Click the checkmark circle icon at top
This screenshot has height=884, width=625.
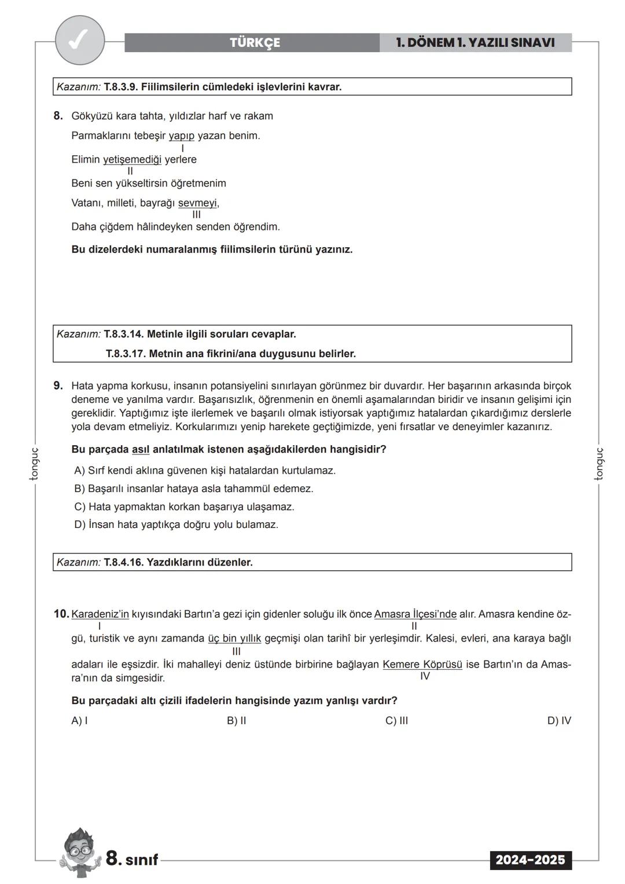(x=80, y=41)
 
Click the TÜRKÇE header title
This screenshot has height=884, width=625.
(x=255, y=43)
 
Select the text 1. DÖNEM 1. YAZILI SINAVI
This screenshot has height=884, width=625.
(x=475, y=43)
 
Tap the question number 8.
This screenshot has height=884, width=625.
(x=58, y=116)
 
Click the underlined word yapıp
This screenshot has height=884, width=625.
(x=182, y=136)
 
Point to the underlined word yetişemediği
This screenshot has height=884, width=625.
(x=132, y=160)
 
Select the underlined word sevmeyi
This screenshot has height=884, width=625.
(x=198, y=203)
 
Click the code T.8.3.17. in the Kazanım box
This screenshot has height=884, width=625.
(x=126, y=354)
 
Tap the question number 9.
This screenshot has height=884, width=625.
(x=58, y=386)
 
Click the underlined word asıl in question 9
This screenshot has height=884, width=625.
(x=141, y=449)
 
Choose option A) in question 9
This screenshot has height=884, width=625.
(x=205, y=471)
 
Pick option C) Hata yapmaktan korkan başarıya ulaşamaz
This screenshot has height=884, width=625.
(x=184, y=507)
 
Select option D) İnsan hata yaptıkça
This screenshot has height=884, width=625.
(x=176, y=525)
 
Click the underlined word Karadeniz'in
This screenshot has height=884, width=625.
(x=100, y=614)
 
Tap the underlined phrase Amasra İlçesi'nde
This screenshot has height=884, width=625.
(x=415, y=614)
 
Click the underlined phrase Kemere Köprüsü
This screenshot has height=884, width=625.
(x=422, y=665)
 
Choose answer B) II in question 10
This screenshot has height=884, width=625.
(x=236, y=721)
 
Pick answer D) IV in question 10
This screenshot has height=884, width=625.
(x=558, y=721)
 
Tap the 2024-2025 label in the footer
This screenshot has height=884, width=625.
(x=530, y=860)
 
